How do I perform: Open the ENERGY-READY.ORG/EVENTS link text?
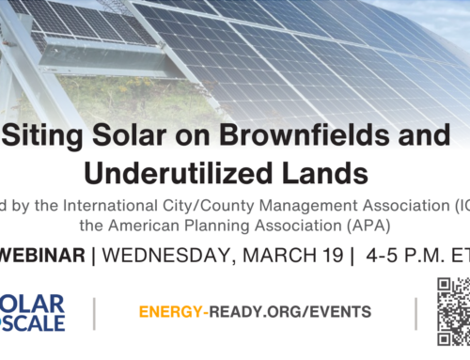click(x=254, y=312)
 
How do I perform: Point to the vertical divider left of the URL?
click(x=94, y=313)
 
